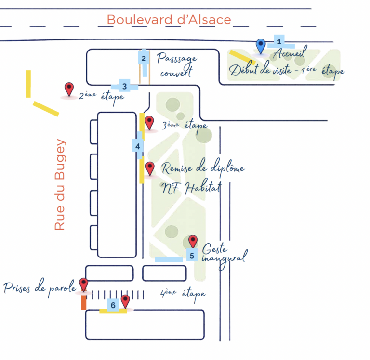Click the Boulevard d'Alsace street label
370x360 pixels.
[x=169, y=20]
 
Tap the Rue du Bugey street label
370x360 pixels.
[x=60, y=184]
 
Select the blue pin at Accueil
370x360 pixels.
[x=261, y=47]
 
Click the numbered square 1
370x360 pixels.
[x=279, y=41]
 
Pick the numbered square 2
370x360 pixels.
[x=144, y=58]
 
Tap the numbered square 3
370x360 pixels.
[x=125, y=86]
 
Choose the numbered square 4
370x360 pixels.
[x=138, y=146]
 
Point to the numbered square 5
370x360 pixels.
[x=192, y=256]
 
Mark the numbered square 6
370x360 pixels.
[x=113, y=305]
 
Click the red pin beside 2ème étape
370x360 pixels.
[x=69, y=90]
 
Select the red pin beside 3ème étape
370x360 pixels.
[x=149, y=123]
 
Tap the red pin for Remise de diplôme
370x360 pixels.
[x=150, y=168]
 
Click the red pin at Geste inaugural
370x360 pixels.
[x=193, y=242]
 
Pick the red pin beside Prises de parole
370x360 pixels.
[x=83, y=284]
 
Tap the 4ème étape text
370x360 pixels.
[x=183, y=295]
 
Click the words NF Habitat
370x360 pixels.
[x=192, y=188]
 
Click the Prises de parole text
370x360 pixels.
[x=40, y=288]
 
